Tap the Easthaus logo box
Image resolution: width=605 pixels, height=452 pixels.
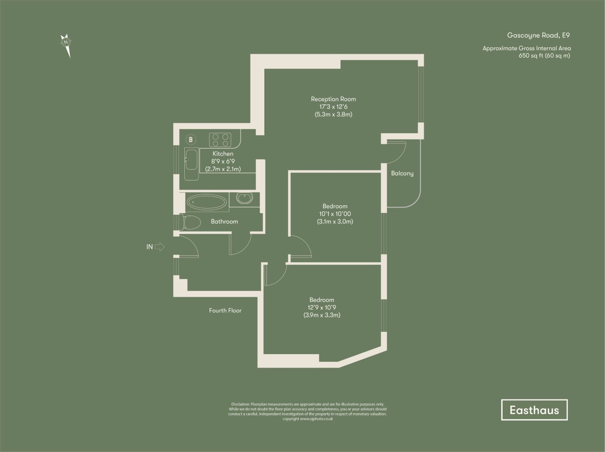[534, 410]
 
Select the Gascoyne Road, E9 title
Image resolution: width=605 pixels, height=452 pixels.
[538, 35]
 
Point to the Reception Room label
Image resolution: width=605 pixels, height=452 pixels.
[333, 99]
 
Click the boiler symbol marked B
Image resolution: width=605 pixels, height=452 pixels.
[191, 140]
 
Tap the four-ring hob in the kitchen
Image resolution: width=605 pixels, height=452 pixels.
[220, 140]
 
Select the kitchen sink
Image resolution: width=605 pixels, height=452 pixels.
[191, 160]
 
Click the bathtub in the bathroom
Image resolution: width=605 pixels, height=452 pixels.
[206, 202]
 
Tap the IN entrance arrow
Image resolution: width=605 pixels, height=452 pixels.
[159, 247]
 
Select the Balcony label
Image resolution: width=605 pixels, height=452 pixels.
[402, 173]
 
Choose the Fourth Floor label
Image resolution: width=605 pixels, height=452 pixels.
[225, 311]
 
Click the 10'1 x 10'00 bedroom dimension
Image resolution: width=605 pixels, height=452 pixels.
[335, 214]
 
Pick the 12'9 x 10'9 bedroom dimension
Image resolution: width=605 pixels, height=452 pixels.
[322, 307]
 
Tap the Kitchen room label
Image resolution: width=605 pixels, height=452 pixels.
[223, 154]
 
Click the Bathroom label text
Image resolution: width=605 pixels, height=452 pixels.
[224, 222]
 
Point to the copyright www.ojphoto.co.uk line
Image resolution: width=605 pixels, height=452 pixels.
[307, 419]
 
